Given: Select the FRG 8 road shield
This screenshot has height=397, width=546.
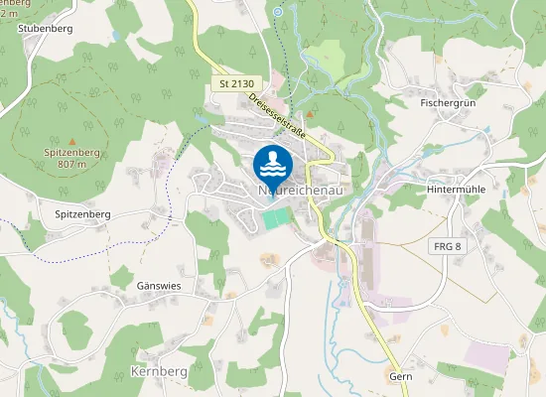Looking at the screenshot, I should [449, 246].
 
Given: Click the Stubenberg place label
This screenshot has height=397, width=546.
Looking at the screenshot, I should [46, 28].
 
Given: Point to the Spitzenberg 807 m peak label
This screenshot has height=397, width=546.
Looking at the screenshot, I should [71, 159].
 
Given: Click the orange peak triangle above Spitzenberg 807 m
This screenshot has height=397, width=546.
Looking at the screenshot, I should [71, 141].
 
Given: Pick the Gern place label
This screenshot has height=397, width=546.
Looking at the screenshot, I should [401, 377].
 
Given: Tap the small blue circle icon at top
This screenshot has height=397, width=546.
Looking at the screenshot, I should [278, 12].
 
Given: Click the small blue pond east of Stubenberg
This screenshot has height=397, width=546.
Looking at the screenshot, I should [118, 36].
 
